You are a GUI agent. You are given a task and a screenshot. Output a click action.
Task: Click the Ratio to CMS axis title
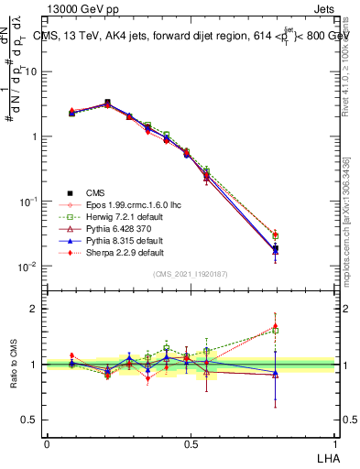[x=14, y=364]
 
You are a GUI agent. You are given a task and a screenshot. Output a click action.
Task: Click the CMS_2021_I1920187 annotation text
[x=191, y=274]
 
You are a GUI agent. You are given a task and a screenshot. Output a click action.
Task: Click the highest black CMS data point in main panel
[x=107, y=103]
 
